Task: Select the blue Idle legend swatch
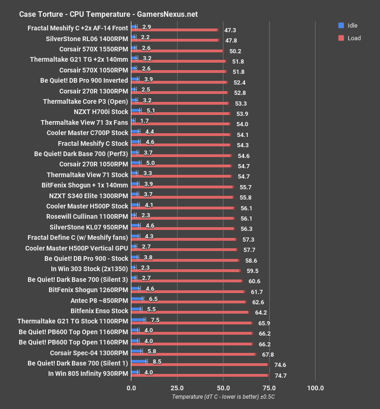click(341, 25)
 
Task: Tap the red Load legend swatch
click(341, 38)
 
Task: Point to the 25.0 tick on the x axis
click(177, 388)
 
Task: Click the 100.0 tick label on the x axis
click(315, 388)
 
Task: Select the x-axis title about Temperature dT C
click(223, 397)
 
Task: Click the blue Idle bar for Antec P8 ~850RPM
click(137, 299)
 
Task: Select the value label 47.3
click(230, 30)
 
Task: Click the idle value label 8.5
click(157, 361)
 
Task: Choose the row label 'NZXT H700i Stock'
click(100, 112)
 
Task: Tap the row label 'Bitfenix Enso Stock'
click(99, 311)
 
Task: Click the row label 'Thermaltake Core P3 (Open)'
click(85, 101)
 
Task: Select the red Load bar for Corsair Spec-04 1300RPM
click(194, 354)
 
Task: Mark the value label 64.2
click(261, 312)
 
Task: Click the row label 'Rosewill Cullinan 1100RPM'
click(87, 216)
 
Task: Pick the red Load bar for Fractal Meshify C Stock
click(181, 145)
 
